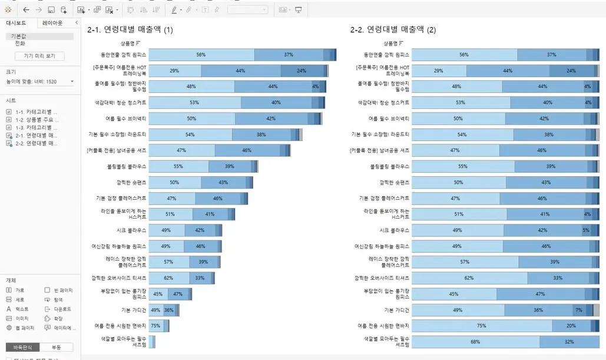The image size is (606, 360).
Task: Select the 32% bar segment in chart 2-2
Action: pos(569,342)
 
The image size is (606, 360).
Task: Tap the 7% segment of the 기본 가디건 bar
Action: pos(579,310)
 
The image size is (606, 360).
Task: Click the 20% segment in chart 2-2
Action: pos(571,326)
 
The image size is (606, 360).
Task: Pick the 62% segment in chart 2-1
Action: pos(168,278)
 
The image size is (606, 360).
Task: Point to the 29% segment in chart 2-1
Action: pos(174,71)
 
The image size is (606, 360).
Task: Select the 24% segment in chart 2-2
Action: pos(571,71)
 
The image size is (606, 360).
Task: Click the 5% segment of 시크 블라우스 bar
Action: pos(585,230)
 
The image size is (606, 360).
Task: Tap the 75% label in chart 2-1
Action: pos(155,326)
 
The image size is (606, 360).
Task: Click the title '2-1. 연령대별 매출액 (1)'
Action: pos(130,29)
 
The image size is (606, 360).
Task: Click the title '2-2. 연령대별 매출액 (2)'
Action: pos(393,29)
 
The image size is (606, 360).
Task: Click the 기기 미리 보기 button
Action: pos(39,56)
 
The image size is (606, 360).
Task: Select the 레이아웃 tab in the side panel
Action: pos(53,23)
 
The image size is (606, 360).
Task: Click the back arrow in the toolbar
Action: pos(26,10)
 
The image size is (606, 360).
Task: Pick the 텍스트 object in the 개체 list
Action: pos(22,309)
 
